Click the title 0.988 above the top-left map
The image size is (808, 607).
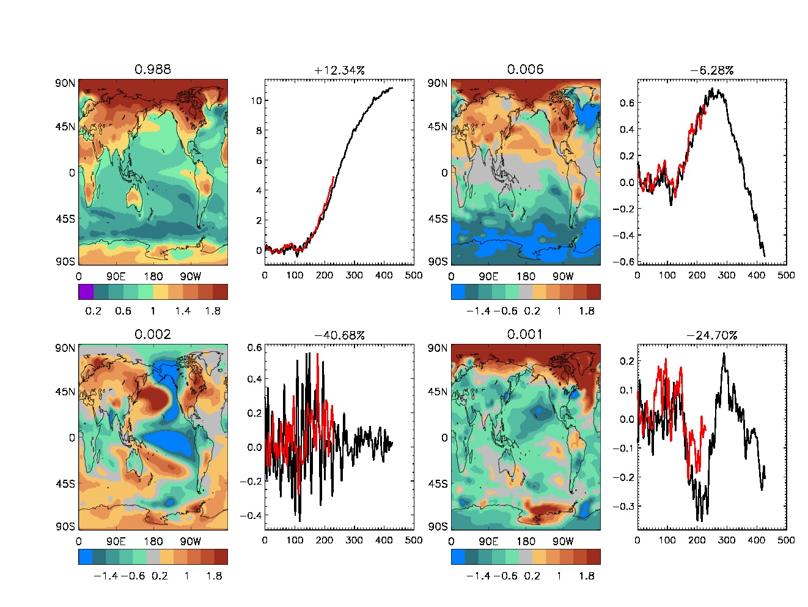[x=153, y=70]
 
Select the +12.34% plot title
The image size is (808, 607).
[x=339, y=70]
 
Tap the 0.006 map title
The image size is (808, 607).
[x=525, y=70]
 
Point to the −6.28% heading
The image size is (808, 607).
[x=711, y=70]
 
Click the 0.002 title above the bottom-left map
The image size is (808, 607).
[x=153, y=335]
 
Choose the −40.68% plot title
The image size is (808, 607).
[x=339, y=335]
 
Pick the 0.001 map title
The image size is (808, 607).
[x=525, y=335]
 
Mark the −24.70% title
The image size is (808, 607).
[x=711, y=335]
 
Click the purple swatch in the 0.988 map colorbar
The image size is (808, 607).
[x=86, y=292]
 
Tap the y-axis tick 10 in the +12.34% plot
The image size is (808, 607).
[x=257, y=100]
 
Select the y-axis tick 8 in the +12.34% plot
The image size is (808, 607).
[x=259, y=130]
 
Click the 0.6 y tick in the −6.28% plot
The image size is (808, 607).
[x=627, y=103]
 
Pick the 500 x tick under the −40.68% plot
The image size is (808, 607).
[x=414, y=540]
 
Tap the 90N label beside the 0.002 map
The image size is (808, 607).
[x=65, y=348]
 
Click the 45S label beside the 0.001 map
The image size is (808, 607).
[x=438, y=483]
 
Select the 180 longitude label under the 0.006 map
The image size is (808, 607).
[x=526, y=277]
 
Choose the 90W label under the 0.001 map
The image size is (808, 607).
[x=563, y=542]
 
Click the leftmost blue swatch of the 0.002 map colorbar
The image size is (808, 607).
[x=86, y=557]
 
